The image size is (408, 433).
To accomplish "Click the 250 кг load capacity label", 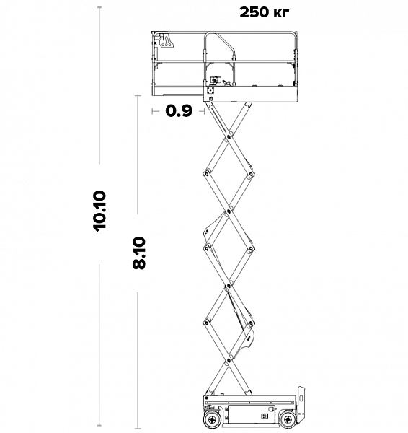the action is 265,12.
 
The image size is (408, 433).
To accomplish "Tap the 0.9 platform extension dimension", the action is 179,111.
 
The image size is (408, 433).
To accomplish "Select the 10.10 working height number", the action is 99,211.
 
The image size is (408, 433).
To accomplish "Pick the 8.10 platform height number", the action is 138,253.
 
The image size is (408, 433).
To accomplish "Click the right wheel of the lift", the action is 288,419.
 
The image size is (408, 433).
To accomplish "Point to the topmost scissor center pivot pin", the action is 229,136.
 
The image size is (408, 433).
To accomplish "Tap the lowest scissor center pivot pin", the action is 229,360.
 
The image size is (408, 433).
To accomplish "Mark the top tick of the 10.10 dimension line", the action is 99,7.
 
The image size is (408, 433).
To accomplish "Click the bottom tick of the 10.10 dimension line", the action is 99,425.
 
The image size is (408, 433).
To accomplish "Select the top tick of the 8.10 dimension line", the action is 138,96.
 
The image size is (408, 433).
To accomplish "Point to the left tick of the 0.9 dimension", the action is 152,111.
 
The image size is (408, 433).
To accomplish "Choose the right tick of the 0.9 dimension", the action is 204,111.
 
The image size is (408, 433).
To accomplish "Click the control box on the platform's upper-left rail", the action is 167,40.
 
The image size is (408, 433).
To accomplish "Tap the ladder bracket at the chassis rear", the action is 301,401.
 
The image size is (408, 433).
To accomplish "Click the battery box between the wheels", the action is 252,414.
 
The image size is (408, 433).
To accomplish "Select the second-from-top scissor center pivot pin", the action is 229,211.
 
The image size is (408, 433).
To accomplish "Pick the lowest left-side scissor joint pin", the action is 206,323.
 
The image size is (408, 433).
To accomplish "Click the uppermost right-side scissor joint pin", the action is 251,174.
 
